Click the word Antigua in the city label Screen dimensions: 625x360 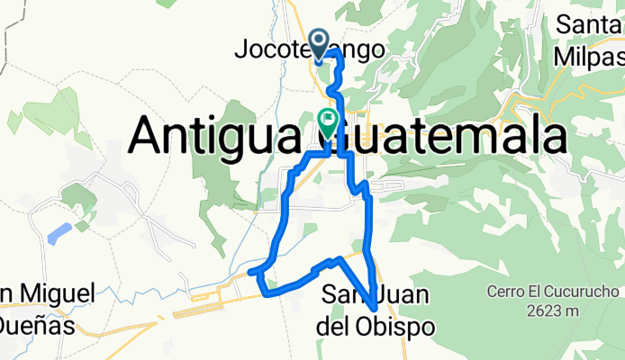tap(222, 137)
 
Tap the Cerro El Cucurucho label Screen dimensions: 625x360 tap(555, 292)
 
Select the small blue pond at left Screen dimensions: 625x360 tap(59, 233)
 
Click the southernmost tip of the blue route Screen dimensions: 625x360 tap(373, 310)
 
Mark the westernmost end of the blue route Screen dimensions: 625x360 tap(249, 271)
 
